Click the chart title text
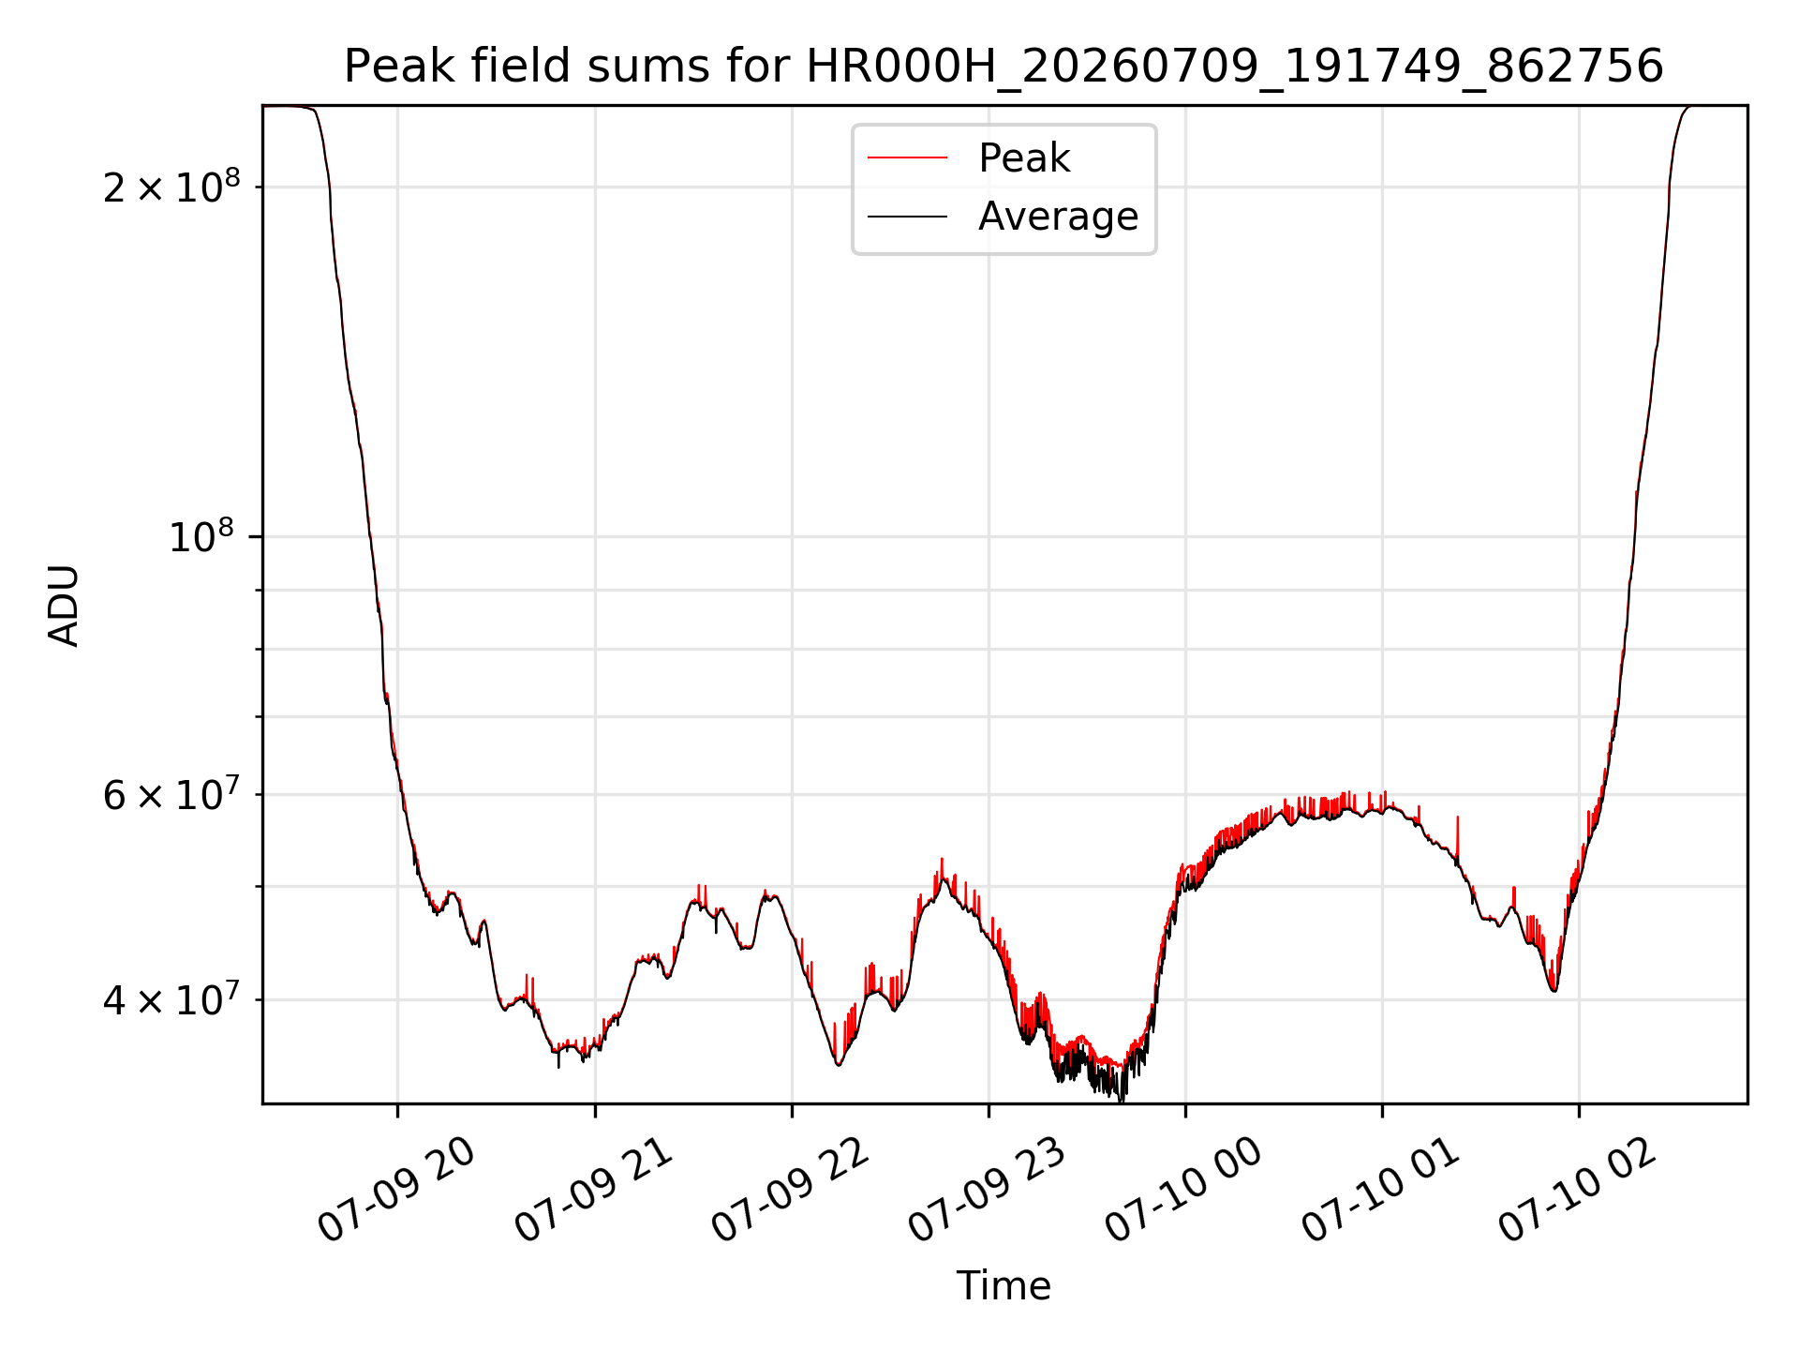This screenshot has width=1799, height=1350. point(1004,67)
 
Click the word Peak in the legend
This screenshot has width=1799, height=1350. point(1024,158)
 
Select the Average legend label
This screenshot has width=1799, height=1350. point(1059,217)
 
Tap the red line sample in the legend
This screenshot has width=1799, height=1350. point(907,157)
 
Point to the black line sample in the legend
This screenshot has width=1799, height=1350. point(907,217)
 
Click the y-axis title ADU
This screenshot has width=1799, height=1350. point(64,606)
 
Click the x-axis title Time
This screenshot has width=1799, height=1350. point(1004,1285)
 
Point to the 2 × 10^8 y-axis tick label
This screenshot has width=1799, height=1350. point(171,187)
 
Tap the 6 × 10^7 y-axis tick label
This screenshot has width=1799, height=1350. point(171,794)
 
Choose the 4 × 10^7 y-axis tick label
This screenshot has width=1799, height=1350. point(171,999)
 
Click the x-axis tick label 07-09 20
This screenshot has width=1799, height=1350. point(397,1191)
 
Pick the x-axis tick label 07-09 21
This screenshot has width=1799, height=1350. point(595,1191)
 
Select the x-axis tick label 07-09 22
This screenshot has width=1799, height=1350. point(792,1191)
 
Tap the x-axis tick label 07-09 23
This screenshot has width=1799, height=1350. point(989,1191)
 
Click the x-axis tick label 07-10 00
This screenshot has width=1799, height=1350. point(1185,1191)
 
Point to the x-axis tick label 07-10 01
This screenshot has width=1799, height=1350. point(1382,1191)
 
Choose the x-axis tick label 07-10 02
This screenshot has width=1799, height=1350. point(1579,1191)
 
